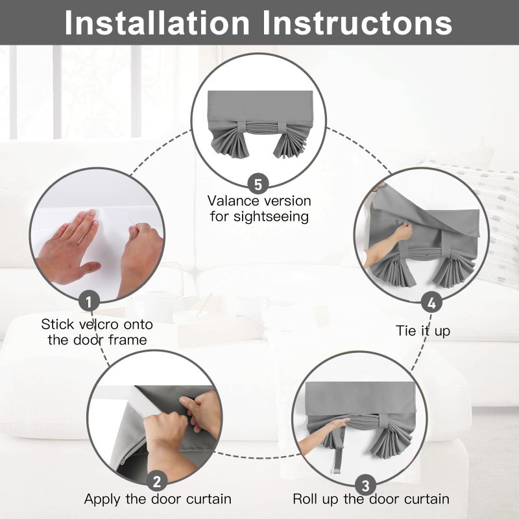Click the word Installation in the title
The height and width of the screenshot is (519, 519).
coord(156,23)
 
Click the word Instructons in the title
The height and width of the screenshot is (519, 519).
coord(357,23)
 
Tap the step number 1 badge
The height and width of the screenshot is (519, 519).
coord(89,302)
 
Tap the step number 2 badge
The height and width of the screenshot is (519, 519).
coord(157,481)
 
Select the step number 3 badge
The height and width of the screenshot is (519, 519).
coord(365,485)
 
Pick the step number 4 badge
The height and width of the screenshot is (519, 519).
coord(431,303)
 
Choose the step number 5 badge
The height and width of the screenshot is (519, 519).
coord(258,184)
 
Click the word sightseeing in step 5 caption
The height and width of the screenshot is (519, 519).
coord(271,217)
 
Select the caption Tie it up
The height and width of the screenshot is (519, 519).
coord(423,331)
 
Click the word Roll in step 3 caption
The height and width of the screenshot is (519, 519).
coord(305,499)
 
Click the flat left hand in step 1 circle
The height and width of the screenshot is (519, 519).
coord(70,249)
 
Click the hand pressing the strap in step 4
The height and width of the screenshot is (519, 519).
coord(403,231)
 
